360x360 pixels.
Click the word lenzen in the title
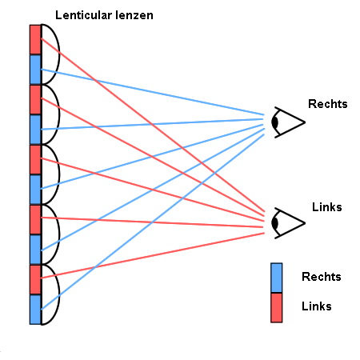tap(134, 15)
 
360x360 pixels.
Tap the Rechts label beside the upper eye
tap(328, 104)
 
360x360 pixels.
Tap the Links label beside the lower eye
tap(327, 207)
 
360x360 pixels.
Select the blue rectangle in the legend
tap(277, 278)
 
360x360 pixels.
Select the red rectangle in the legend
tap(277, 308)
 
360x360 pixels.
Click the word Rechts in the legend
tap(322, 277)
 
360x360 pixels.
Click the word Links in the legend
tap(317, 306)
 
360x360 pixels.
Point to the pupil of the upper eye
tap(275, 122)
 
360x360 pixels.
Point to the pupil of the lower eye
tap(275, 223)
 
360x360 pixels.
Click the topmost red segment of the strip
tap(35, 40)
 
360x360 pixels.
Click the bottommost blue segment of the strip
tap(35, 310)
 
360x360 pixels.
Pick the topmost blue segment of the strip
tap(35, 70)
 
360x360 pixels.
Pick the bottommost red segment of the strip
tap(35, 280)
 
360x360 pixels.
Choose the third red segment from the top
tap(35, 160)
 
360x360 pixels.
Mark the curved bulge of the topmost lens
tap(59, 54)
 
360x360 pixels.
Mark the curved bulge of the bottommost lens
tap(59, 294)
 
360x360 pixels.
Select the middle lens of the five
tap(59, 174)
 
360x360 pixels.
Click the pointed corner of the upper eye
tap(305, 122)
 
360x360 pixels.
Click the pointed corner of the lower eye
tap(305, 223)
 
